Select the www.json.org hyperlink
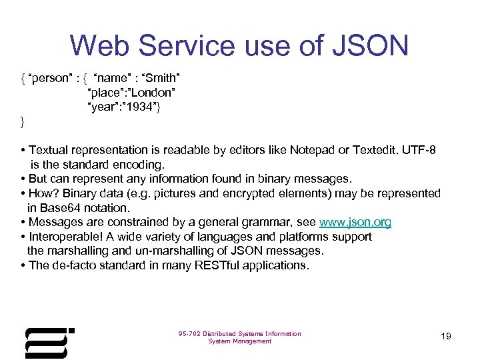coord(355,222)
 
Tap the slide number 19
coord(446,336)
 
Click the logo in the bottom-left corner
coord(49,343)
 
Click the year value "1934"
coord(140,107)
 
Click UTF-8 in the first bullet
coord(419,150)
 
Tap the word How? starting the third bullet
coord(43,193)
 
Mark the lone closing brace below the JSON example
coord(22,121)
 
